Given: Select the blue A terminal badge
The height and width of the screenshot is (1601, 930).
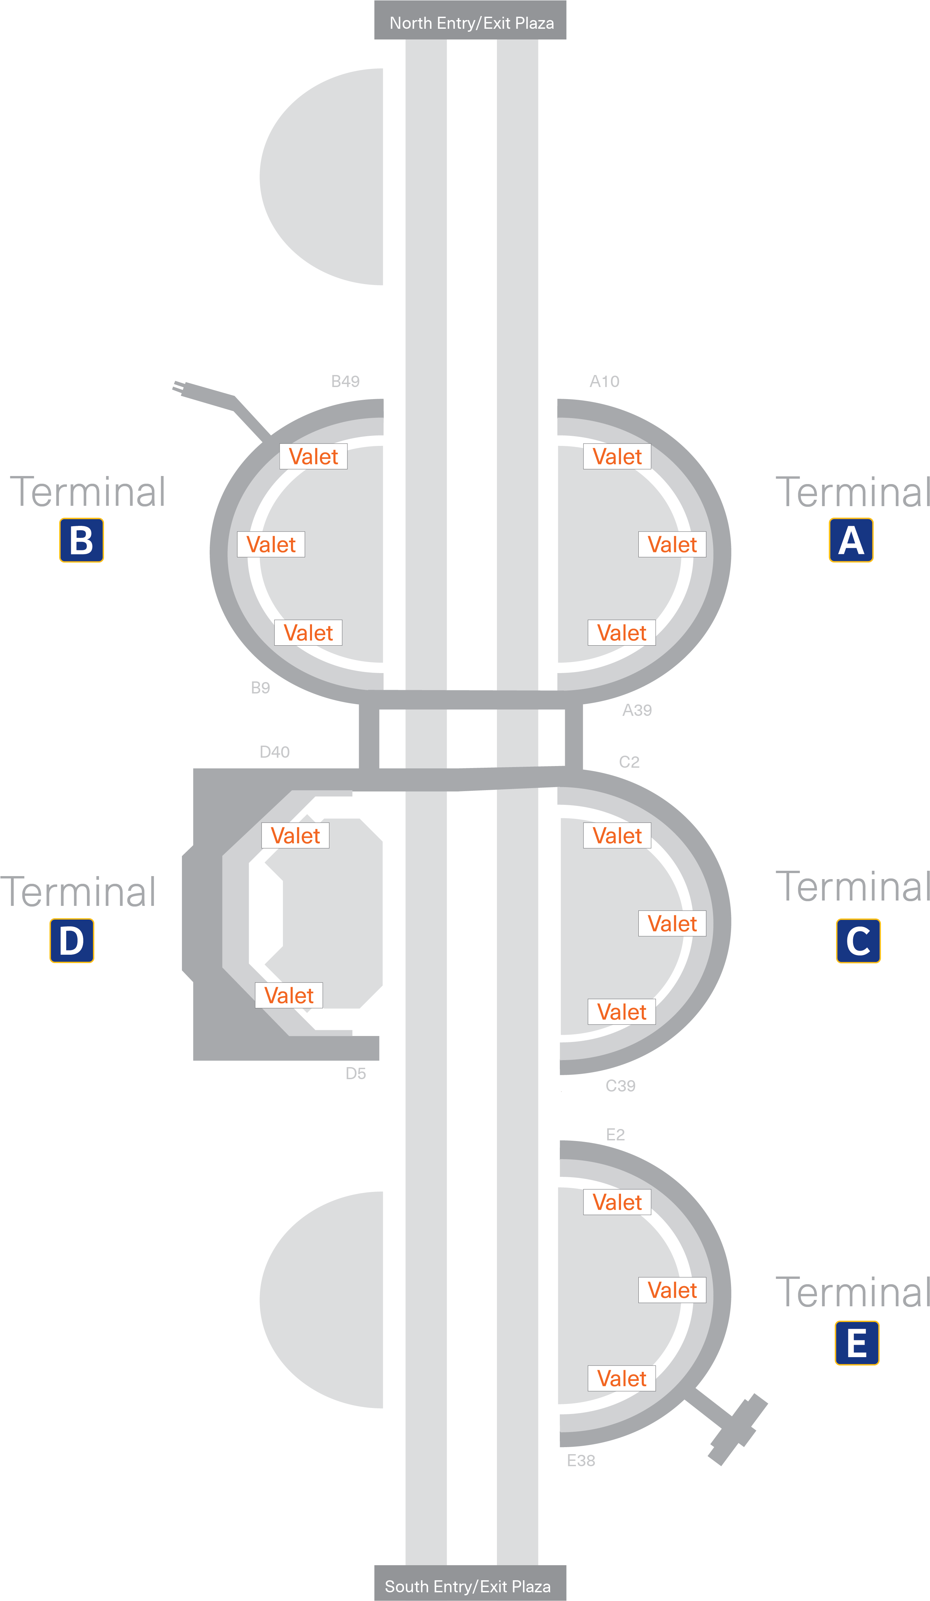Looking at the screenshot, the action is point(851,540).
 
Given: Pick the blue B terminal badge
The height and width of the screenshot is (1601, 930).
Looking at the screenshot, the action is point(81,540).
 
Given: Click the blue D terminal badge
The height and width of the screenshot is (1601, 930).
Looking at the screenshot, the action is point(72,940).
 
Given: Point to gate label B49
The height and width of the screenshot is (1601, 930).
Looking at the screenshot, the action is point(345,381).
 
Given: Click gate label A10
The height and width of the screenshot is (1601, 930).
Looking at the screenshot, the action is point(604,381).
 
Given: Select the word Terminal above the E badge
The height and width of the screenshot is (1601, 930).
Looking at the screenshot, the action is point(853,1292).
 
